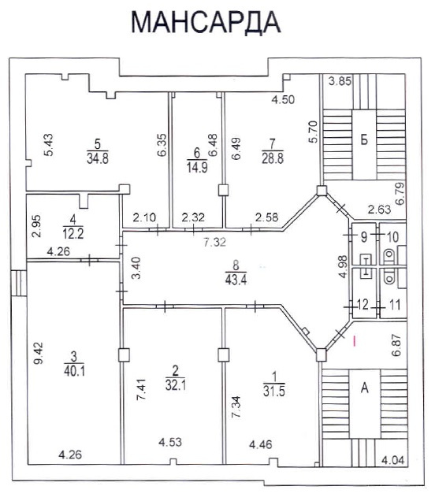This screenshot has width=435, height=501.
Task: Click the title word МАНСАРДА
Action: pos(206,22)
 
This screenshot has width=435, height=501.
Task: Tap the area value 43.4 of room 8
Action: pos(236,280)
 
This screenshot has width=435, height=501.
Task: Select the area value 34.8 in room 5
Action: pos(98,158)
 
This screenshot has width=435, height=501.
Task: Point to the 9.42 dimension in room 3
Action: pos(39,353)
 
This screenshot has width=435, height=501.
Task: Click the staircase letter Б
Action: pos(364,139)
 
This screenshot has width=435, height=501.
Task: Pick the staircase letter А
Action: pos(364,388)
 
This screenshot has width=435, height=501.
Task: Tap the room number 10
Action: pos(392,237)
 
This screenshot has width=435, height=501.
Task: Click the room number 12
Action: pos(362,305)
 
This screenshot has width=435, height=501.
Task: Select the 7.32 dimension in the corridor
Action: pos(215,242)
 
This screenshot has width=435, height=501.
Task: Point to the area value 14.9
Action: pos(197,168)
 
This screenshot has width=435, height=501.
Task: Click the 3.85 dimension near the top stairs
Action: pos(340,81)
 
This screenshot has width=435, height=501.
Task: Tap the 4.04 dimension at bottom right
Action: pos(393,460)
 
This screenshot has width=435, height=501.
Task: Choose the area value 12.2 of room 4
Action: pos(73,234)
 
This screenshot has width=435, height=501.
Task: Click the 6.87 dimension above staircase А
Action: pos(396,345)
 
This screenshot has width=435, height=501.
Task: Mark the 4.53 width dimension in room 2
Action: pos(170,442)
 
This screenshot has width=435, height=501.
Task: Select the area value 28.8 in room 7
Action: pos(273,158)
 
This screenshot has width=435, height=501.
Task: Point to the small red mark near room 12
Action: pos(354,340)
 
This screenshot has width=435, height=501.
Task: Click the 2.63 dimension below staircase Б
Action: pos(379,210)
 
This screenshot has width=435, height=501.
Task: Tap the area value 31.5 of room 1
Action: pos(274,391)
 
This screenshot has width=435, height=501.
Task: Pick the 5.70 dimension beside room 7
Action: pos(314,132)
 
